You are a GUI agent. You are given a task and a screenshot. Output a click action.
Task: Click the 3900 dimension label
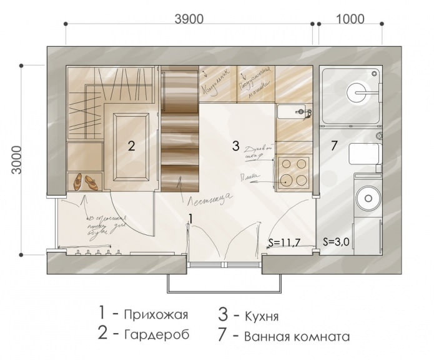[x=189, y=19]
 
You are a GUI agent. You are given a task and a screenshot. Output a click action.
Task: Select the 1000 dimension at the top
[x=350, y=19]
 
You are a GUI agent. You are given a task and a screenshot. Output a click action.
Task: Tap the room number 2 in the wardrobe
[x=131, y=146]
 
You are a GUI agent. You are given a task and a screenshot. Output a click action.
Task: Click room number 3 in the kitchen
[x=235, y=146]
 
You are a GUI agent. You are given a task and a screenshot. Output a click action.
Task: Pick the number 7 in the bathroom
[x=334, y=146]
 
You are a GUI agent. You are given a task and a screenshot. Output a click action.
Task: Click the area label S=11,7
[x=284, y=242]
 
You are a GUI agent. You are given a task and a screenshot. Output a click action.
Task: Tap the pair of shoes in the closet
[x=86, y=182]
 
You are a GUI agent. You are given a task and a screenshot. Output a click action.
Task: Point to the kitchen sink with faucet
[x=292, y=112]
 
